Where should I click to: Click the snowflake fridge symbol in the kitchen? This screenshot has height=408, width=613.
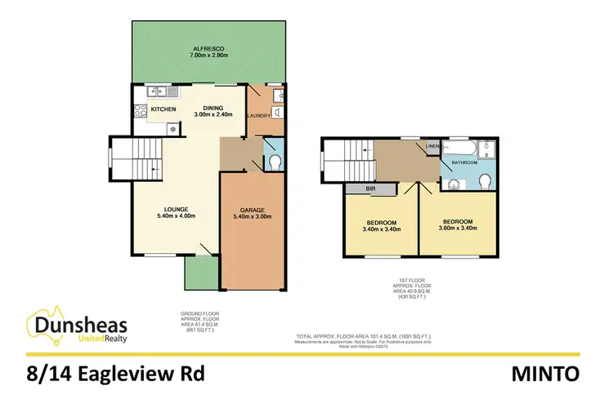point(172,128)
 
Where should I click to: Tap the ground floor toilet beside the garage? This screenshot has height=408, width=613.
point(274,161)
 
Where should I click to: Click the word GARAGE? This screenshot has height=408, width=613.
point(253,209)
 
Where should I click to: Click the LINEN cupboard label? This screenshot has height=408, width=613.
point(432,147)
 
